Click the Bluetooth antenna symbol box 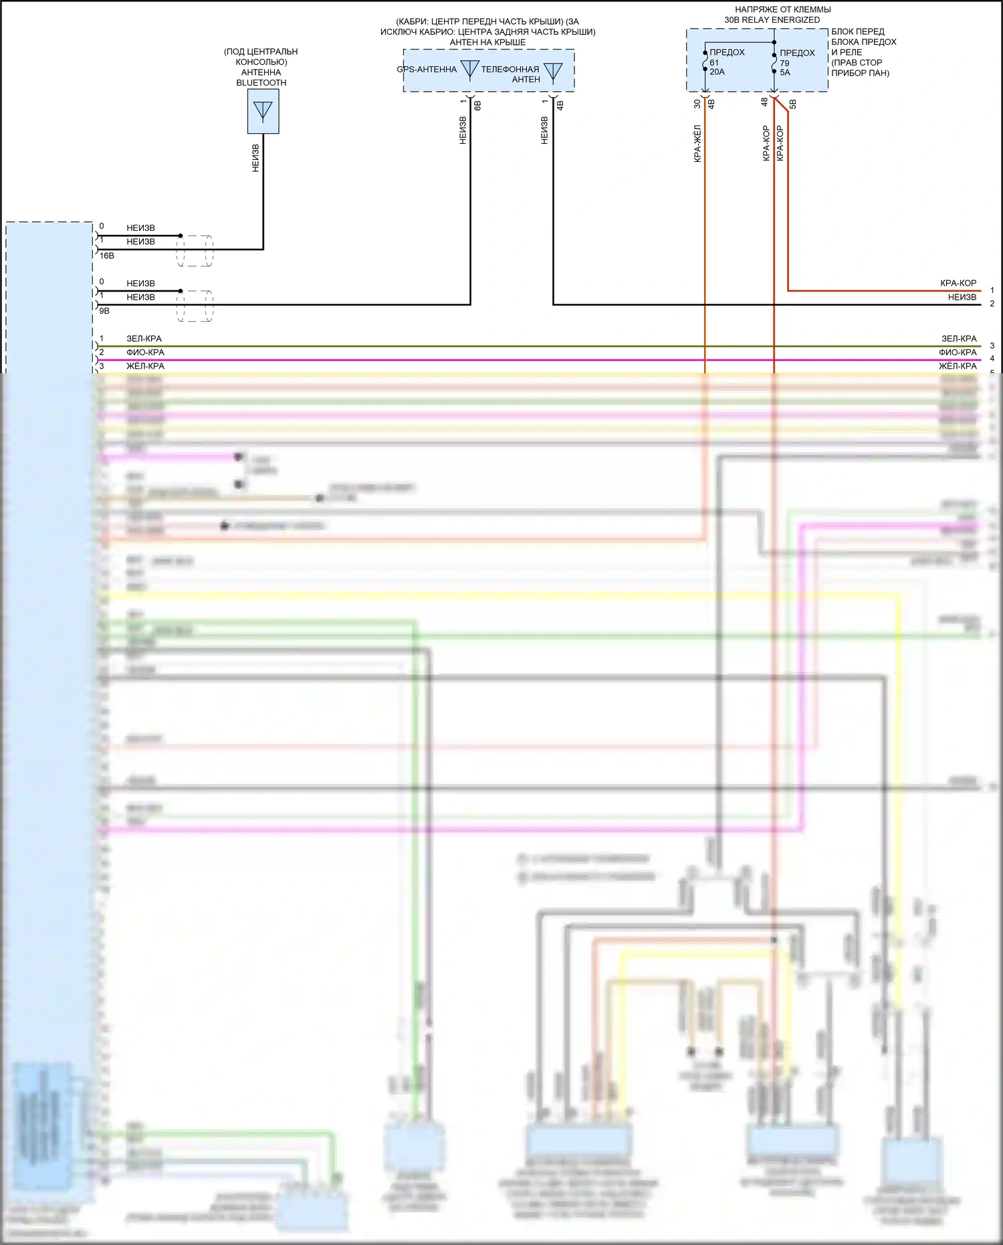263,112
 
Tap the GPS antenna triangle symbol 470,70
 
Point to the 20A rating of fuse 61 717,72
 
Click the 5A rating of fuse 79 785,73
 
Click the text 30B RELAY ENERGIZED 772,20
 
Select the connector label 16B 107,256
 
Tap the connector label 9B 104,311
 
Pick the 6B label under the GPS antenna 477,105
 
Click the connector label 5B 793,104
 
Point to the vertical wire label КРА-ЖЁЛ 697,143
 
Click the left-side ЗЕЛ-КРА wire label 144,339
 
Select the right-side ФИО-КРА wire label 958,353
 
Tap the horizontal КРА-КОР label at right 958,283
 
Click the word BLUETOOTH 261,83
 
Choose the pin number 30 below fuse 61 697,104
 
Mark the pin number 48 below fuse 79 764,102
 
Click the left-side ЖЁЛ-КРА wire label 145,366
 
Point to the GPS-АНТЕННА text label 427,69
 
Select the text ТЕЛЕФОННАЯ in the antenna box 510,69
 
